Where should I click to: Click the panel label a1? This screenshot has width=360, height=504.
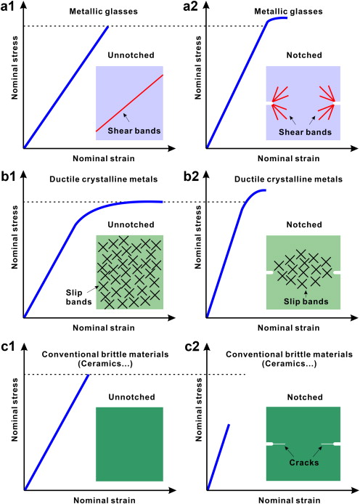point(7,7)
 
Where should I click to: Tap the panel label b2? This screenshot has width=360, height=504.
point(191,176)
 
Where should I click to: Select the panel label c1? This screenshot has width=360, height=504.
point(8,347)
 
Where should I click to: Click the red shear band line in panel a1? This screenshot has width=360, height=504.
point(129,103)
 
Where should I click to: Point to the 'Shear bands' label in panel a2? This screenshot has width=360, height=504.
point(305,132)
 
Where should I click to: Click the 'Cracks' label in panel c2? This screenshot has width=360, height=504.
point(304,463)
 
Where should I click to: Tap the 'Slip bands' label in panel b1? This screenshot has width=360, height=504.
point(78,297)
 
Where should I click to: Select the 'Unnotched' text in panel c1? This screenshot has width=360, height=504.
point(131,397)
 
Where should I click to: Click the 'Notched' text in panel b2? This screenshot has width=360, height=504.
point(304,224)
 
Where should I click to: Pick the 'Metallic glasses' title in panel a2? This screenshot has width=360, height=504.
point(288,12)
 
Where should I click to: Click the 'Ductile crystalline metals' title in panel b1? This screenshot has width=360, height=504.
point(103,179)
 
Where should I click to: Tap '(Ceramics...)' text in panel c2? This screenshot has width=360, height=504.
point(289,364)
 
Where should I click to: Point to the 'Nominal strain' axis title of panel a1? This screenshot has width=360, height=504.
point(104,158)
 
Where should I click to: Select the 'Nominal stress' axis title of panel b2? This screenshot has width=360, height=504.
point(198,237)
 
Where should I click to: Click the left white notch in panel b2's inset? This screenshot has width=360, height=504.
point(270,272)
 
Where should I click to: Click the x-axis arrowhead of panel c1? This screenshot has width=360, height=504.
point(172,490)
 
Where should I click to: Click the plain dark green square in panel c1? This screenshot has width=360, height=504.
point(129,444)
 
